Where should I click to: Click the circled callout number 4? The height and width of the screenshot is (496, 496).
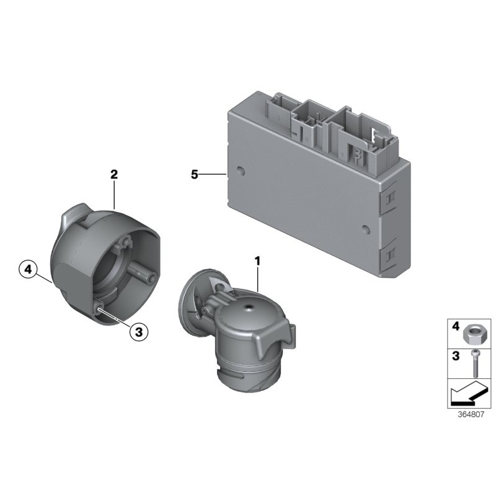(x=28, y=270)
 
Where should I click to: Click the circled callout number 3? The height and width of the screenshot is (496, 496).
(x=139, y=332)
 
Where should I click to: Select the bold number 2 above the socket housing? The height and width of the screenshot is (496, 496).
(x=114, y=174)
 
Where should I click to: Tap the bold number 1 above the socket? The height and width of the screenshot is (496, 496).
(x=257, y=261)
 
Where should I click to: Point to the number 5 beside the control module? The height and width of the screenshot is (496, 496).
(x=194, y=174)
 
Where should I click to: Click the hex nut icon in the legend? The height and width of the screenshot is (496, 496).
(x=472, y=335)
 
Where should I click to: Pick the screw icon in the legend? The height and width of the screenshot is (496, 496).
(x=474, y=364)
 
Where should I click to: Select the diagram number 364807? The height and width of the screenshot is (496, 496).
(x=471, y=414)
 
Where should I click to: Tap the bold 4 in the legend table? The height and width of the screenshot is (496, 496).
(x=455, y=326)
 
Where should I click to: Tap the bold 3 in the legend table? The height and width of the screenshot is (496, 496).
(x=456, y=356)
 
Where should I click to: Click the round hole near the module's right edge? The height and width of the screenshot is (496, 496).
(x=366, y=229)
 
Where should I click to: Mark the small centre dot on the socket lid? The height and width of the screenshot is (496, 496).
(x=249, y=307)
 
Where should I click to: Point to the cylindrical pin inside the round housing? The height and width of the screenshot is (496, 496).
(x=142, y=272)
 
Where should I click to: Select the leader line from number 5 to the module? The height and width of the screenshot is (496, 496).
(x=213, y=174)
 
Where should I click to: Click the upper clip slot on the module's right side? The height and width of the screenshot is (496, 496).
(x=390, y=197)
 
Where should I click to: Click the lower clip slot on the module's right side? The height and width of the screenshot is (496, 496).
(x=390, y=254)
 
